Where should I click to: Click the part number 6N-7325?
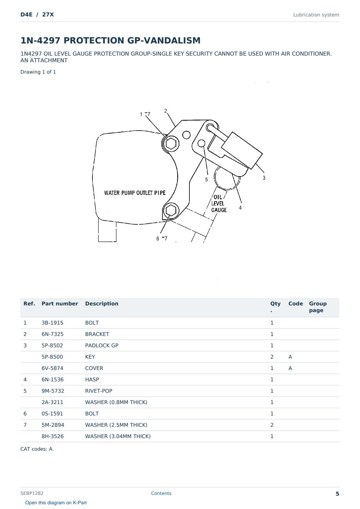pyautogui.click(x=52, y=334)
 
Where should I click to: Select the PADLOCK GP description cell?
pyautogui.click(x=102, y=345)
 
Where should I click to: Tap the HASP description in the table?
pyautogui.click(x=92, y=379)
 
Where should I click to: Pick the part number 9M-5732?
pyautogui.click(x=53, y=391)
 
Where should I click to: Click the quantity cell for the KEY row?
pyautogui.click(x=272, y=357)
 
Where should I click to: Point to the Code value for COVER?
pyautogui.click(x=290, y=368)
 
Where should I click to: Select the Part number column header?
pyautogui.click(x=60, y=303)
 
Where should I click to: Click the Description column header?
pyautogui.click(x=102, y=303)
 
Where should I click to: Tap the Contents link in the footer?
pyautogui.click(x=161, y=493)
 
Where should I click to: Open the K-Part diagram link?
pyautogui.click(x=56, y=503)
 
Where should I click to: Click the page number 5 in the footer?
pyautogui.click(x=337, y=494)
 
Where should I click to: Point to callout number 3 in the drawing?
pyautogui.click(x=264, y=178)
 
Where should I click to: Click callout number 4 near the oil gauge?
pyautogui.click(x=240, y=208)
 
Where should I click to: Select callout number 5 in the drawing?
pyautogui.click(x=207, y=179)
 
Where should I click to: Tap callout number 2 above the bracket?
pyautogui.click(x=166, y=111)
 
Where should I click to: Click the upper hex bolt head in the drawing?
pyautogui.click(x=171, y=143)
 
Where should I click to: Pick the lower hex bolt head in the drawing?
pyautogui.click(x=171, y=211)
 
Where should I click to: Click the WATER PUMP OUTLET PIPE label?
pyautogui.click(x=135, y=193)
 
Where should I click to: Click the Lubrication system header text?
pyautogui.click(x=316, y=15)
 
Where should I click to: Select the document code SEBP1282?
pyautogui.click(x=32, y=493)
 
